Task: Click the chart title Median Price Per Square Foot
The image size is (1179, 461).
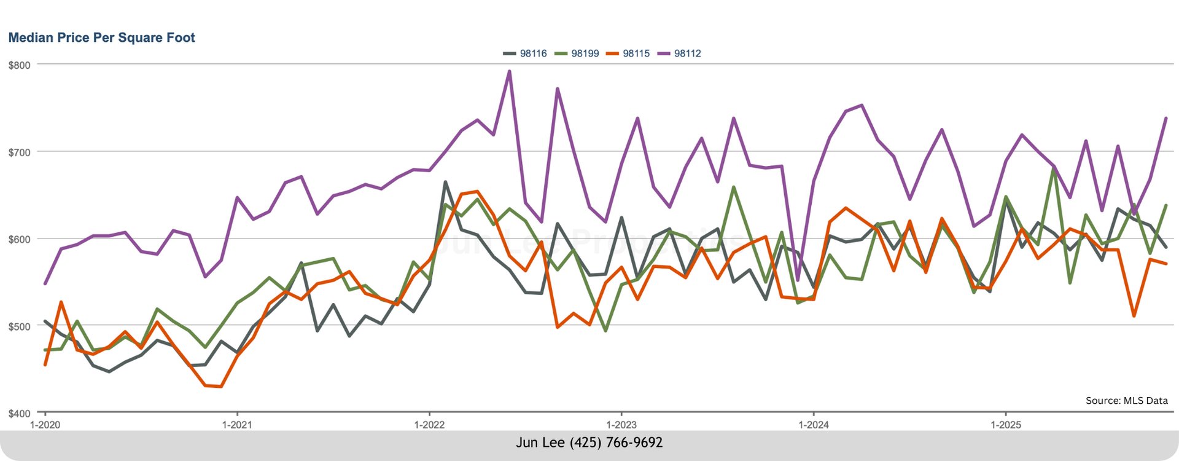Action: coord(101,37)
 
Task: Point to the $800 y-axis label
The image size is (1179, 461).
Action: coord(19,65)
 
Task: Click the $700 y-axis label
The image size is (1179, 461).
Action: coord(19,152)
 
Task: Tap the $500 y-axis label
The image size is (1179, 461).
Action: coord(19,326)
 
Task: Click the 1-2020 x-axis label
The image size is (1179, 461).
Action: coord(45,425)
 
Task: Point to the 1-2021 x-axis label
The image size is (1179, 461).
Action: coord(237,425)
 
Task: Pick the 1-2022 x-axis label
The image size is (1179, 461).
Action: coord(429,425)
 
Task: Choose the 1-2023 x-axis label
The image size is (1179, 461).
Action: coord(621,425)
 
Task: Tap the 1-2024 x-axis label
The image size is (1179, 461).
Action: coord(814,425)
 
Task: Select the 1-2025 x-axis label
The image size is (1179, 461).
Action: coord(1006,425)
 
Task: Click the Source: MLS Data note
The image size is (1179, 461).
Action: coord(1126,401)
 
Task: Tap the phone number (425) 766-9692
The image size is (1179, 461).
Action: coord(616,443)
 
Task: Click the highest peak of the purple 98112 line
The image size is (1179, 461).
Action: coord(509,71)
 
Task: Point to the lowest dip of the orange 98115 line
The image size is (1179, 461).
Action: coord(221,387)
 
